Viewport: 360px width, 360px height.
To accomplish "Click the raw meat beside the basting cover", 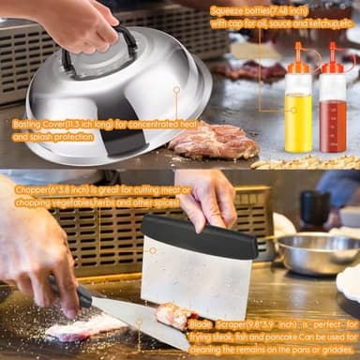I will (x=213, y=140).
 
